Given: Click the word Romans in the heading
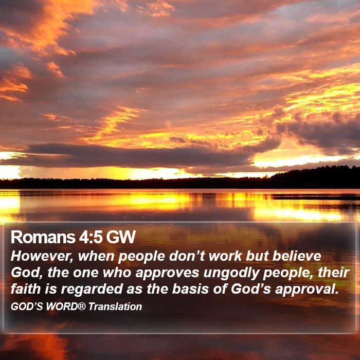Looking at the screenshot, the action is (x=43, y=237).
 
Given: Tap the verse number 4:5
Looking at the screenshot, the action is (x=91, y=237).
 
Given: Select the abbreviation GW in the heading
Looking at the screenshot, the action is (x=121, y=237).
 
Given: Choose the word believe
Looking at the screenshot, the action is (x=297, y=256).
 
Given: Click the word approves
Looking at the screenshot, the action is (x=167, y=273).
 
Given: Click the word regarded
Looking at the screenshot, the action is (x=92, y=290).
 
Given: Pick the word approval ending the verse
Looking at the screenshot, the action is (x=307, y=290).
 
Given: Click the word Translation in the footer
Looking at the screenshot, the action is (x=115, y=307).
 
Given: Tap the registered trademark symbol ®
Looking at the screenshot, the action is (x=82, y=307).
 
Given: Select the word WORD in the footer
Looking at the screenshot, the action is (x=62, y=307).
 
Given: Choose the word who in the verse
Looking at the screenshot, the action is (x=117, y=272).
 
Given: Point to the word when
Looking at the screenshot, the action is (x=96, y=256).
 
